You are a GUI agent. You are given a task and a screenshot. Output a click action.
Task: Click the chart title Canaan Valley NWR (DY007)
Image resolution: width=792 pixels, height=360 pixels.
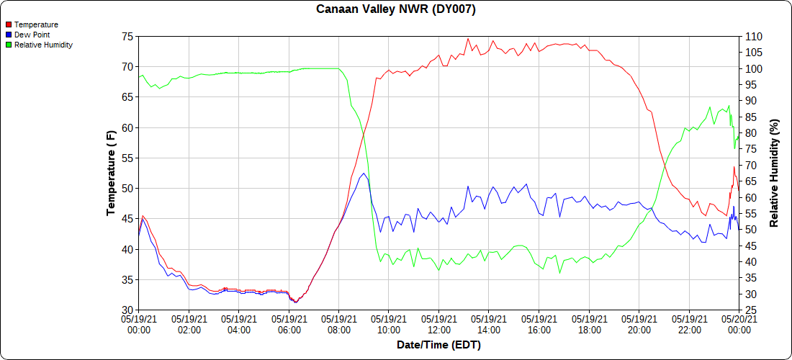point(395,9)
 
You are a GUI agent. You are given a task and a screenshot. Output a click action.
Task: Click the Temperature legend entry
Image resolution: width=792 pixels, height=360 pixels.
point(36,24)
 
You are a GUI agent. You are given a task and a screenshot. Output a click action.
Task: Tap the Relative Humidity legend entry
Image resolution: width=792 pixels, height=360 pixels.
point(43,45)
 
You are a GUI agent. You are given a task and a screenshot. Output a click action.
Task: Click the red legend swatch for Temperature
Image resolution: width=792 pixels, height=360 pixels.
point(8,24)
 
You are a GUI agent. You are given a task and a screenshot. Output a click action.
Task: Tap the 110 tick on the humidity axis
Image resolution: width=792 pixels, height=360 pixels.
point(755,36)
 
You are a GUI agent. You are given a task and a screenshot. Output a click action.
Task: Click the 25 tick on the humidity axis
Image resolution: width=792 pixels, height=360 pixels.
point(752,310)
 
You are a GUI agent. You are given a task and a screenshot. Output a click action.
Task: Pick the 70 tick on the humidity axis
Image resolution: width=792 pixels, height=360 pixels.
point(752,164)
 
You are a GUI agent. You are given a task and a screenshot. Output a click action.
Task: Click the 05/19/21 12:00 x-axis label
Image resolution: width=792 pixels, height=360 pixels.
point(438,323)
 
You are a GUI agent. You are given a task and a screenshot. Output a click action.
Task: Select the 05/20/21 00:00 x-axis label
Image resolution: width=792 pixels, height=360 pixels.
point(739,323)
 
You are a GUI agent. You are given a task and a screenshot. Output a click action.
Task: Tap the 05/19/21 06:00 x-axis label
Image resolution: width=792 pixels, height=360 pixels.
point(289,323)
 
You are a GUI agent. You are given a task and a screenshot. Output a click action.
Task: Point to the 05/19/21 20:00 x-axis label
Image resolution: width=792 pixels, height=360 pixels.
point(639,323)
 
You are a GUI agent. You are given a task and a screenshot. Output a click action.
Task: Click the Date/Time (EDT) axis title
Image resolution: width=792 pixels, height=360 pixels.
point(438,345)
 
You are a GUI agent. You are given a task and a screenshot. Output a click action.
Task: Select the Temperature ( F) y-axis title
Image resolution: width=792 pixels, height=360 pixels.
point(111,173)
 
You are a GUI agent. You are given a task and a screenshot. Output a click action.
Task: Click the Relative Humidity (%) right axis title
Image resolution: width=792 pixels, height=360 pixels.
point(775,173)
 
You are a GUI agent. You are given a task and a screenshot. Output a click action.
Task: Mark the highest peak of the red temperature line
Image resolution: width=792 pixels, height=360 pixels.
point(468,39)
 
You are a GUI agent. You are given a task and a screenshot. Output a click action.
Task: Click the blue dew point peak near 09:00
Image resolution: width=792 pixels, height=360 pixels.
point(364,174)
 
